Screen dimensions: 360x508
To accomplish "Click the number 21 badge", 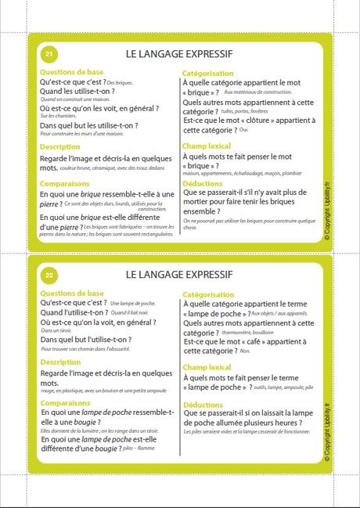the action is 49,54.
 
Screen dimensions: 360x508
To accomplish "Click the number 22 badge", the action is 49,275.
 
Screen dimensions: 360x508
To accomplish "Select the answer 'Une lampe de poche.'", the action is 134,302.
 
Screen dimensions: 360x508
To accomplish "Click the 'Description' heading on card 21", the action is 59,146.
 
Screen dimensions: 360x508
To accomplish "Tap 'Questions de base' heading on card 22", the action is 71,293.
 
